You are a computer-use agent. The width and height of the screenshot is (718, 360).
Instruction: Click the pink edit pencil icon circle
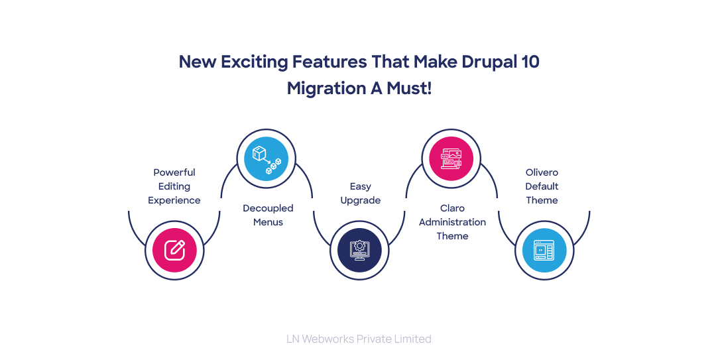(x=174, y=250)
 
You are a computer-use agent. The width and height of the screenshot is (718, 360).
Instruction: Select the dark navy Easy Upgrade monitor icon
(x=359, y=250)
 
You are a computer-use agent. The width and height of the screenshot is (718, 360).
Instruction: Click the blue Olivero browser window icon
(x=544, y=250)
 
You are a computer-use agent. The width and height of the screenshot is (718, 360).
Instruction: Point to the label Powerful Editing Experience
(x=174, y=186)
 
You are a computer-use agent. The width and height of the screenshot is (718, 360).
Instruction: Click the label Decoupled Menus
(x=268, y=215)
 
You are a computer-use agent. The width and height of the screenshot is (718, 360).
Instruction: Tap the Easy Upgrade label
(x=361, y=193)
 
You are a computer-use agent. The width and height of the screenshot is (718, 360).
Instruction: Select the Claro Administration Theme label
(x=452, y=222)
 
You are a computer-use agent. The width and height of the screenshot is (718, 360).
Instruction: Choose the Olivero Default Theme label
(x=542, y=186)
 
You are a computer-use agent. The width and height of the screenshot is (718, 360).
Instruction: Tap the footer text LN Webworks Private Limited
(x=359, y=339)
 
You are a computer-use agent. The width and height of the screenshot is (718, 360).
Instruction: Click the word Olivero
(x=542, y=172)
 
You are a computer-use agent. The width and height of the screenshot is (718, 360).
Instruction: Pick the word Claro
(x=452, y=208)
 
